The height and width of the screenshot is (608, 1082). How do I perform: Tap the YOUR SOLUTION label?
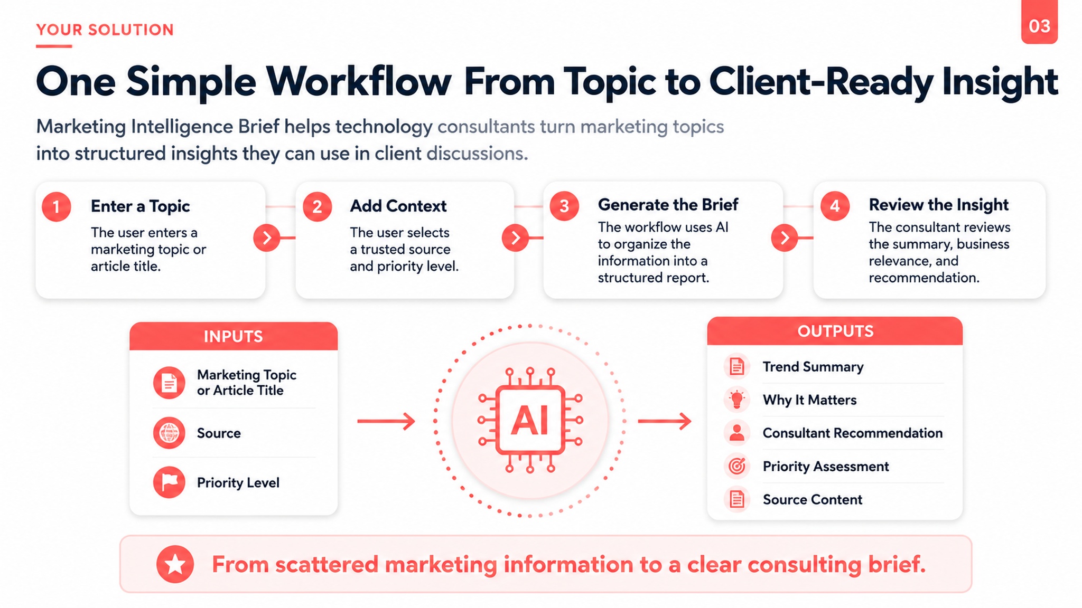(x=105, y=30)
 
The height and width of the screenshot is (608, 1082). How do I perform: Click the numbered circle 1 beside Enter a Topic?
(x=57, y=206)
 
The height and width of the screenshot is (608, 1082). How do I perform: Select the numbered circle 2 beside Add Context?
(x=317, y=206)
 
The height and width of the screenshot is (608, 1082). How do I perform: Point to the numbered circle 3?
(x=564, y=206)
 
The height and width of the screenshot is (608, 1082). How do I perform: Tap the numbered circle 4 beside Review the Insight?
(x=835, y=206)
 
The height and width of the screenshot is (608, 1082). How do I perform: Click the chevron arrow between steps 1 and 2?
(x=267, y=237)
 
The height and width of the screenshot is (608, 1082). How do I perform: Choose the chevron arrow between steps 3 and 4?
(x=785, y=237)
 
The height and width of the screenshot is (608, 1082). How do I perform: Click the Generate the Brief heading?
(x=668, y=205)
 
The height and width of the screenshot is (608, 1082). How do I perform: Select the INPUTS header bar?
(x=234, y=336)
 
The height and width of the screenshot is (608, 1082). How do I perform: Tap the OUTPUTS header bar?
(x=835, y=331)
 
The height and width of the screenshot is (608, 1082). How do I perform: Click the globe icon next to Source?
(x=169, y=433)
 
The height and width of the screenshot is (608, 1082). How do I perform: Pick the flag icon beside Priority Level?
(x=169, y=482)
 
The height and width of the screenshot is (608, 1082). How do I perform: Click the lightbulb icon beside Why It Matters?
(x=736, y=400)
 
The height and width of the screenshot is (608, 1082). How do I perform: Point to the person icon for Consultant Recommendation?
(x=736, y=433)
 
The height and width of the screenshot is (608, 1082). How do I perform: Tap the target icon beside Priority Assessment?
(x=736, y=466)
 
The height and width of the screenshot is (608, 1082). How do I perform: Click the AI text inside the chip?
(x=530, y=421)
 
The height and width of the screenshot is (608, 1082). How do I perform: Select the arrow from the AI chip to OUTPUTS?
(x=665, y=421)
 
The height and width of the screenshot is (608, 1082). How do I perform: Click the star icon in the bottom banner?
(x=175, y=564)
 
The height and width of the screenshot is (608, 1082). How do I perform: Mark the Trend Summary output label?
(x=813, y=367)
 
